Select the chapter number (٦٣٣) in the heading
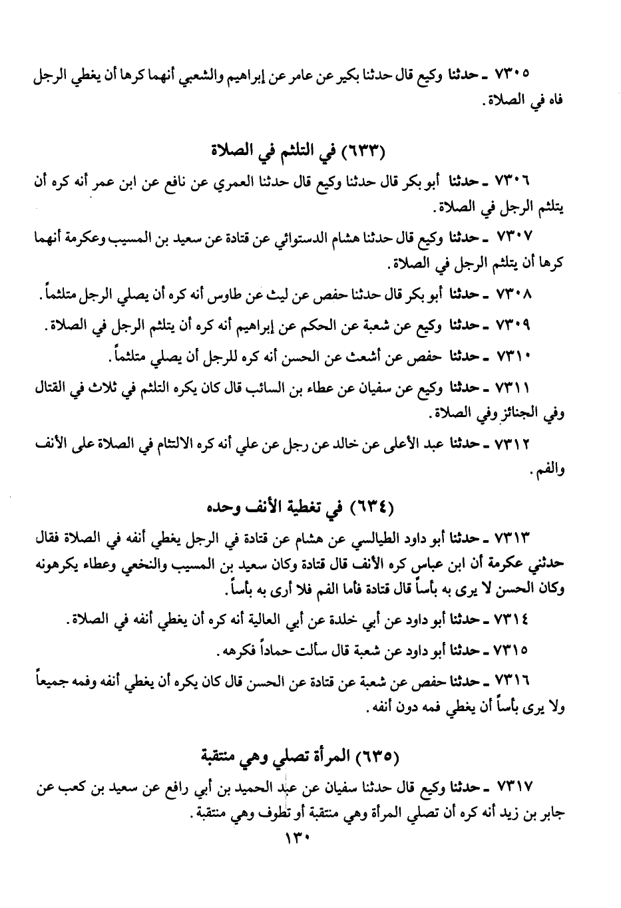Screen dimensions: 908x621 click(x=362, y=148)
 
